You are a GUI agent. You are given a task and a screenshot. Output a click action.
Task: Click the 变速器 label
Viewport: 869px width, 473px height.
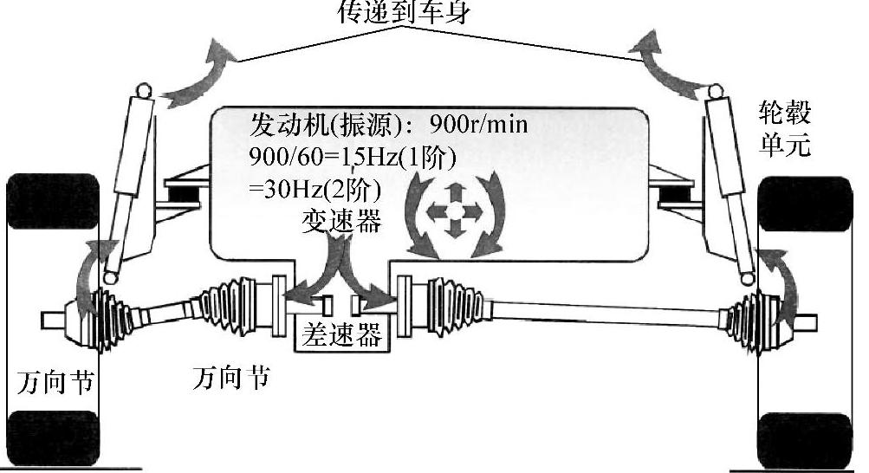coord(340,222)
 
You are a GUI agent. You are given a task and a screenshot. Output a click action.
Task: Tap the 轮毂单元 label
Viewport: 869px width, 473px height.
coord(784,127)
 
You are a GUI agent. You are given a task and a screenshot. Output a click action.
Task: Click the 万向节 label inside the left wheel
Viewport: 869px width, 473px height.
coord(54,382)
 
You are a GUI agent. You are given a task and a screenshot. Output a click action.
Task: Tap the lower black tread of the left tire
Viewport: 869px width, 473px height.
coord(54,438)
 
